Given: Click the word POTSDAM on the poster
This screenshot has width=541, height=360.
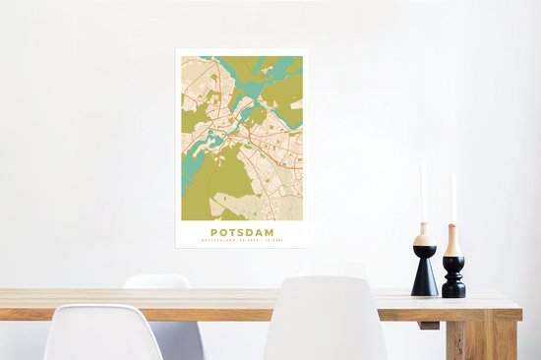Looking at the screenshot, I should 241,232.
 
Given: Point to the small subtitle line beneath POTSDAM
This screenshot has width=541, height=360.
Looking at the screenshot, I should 241,241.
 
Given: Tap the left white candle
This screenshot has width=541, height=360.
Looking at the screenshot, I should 423,192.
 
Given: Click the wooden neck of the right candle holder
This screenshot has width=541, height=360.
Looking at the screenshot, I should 453,240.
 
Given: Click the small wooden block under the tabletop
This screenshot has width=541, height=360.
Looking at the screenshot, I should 428,325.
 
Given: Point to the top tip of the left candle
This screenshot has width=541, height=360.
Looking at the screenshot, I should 422,163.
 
